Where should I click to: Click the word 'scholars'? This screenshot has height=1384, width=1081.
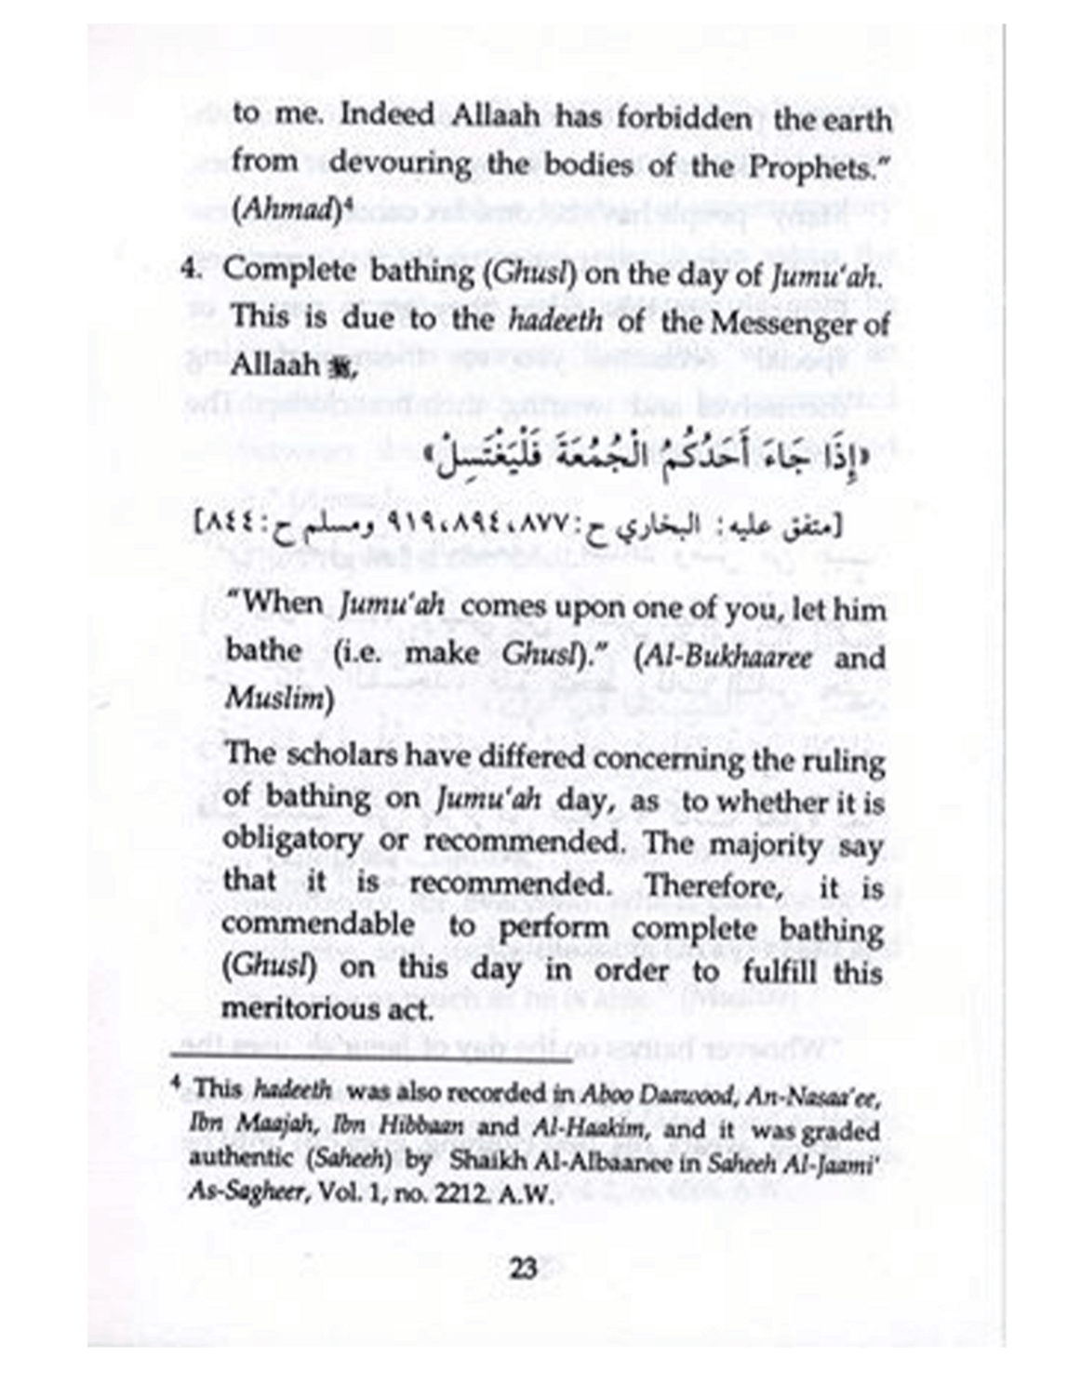click(342, 754)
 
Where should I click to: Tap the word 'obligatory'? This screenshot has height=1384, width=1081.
click(292, 839)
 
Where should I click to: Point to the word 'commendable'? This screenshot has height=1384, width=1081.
click(318, 924)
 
